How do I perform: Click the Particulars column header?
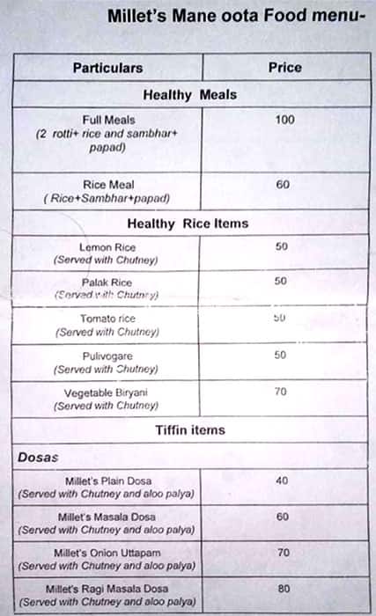(x=107, y=68)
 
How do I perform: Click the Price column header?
(x=284, y=67)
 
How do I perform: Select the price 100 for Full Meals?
(x=284, y=120)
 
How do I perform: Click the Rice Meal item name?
(x=107, y=185)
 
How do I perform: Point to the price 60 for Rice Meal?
(x=283, y=185)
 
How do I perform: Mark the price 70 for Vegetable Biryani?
(x=282, y=392)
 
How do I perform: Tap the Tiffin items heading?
(x=189, y=430)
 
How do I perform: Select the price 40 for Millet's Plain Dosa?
(x=282, y=480)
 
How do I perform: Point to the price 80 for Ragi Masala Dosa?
(x=282, y=587)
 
